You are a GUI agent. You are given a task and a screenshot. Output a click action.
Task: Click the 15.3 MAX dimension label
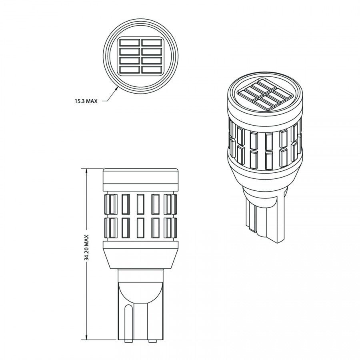86,101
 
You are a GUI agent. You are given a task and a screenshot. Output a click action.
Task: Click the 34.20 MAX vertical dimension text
86,248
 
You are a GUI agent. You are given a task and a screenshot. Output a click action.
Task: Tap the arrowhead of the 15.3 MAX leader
117,89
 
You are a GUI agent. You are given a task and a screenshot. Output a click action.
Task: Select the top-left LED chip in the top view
130,43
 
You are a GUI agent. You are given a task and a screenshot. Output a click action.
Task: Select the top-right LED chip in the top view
152,43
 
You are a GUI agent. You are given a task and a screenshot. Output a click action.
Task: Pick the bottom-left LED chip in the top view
130,70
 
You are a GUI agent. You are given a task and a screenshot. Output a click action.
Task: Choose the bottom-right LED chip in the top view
152,70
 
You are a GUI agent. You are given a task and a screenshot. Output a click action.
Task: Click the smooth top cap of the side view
140,176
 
